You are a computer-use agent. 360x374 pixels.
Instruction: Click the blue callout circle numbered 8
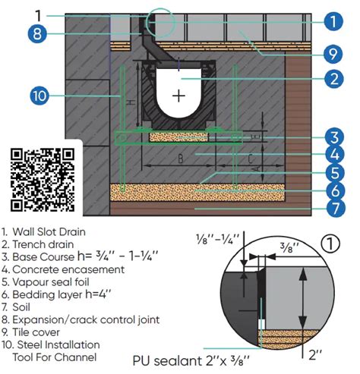click(x=37, y=33)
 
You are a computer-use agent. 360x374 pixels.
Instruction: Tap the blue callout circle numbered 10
click(x=39, y=96)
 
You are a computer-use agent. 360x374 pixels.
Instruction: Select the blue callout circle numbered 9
click(x=333, y=54)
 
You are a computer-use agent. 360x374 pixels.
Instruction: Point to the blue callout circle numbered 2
click(x=334, y=78)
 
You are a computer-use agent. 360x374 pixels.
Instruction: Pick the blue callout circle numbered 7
click(x=335, y=208)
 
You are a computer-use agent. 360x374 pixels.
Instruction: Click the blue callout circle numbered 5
click(x=335, y=172)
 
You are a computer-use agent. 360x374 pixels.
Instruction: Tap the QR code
click(x=43, y=180)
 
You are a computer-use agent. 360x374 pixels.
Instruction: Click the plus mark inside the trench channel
click(x=178, y=96)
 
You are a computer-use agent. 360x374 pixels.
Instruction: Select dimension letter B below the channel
click(x=180, y=159)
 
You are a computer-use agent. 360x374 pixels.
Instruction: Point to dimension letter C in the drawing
click(x=250, y=159)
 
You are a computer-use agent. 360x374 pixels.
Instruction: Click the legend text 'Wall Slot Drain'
click(x=49, y=231)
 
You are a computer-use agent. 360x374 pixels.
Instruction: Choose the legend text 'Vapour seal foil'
click(x=51, y=282)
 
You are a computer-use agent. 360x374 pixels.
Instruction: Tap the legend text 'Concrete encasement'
click(x=68, y=269)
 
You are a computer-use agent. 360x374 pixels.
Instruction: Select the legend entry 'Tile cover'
click(x=36, y=332)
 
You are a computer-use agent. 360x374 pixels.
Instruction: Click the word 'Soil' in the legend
click(x=21, y=307)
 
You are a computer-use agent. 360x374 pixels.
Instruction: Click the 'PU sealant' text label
click(x=167, y=360)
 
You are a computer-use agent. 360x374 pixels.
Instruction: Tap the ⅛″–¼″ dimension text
click(x=218, y=238)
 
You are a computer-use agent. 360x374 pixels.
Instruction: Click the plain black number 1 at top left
click(x=38, y=15)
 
